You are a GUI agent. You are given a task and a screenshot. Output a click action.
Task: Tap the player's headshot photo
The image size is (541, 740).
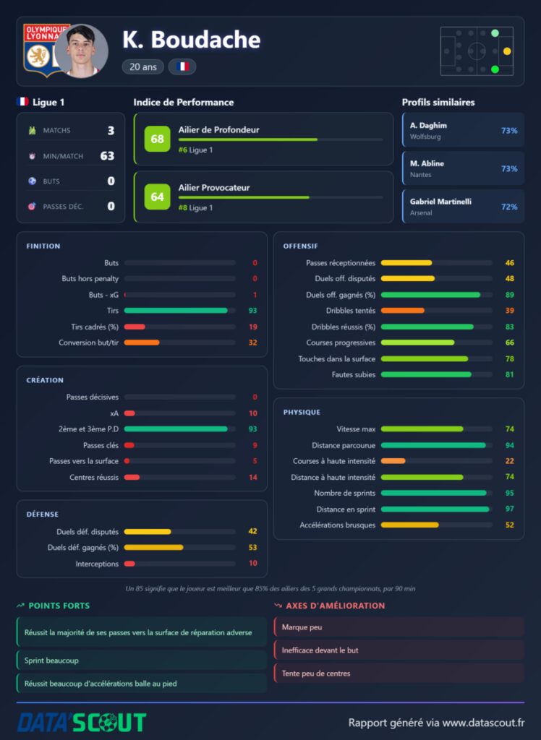point(81,51)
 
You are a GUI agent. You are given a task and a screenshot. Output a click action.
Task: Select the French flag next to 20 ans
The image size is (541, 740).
point(182,66)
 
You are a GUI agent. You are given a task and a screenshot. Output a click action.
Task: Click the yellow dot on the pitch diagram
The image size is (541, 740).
point(507,51)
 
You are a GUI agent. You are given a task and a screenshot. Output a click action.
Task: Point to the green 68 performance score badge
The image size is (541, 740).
point(158,139)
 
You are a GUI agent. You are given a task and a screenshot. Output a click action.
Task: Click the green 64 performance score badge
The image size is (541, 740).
point(158,197)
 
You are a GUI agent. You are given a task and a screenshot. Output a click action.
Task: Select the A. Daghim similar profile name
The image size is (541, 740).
point(428,126)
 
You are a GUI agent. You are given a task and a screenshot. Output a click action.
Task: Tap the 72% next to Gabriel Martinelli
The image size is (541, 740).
point(509,207)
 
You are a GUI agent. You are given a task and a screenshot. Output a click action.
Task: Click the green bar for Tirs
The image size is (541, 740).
point(176,311)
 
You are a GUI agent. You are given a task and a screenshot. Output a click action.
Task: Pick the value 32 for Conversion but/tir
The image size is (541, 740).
point(253,343)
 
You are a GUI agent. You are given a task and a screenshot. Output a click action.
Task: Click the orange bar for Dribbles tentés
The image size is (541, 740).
point(403,311)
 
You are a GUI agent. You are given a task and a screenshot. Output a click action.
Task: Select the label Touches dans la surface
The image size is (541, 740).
point(337,358)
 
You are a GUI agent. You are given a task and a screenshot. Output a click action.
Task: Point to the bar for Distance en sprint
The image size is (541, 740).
point(435,509)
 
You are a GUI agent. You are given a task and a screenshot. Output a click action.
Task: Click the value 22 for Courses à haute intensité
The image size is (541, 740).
point(509,461)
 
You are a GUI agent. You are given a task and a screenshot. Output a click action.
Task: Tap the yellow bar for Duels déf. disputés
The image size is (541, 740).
point(148,531)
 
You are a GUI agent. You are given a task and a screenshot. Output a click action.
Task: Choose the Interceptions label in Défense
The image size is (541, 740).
point(97,564)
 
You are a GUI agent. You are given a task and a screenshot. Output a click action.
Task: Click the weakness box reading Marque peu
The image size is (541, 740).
point(399,627)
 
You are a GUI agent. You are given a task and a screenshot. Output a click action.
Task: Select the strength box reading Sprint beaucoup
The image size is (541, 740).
point(142,661)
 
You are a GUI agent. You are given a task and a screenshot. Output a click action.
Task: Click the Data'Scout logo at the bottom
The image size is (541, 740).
point(82,723)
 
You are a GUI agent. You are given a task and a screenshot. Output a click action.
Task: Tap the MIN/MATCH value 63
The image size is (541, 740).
point(107,156)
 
